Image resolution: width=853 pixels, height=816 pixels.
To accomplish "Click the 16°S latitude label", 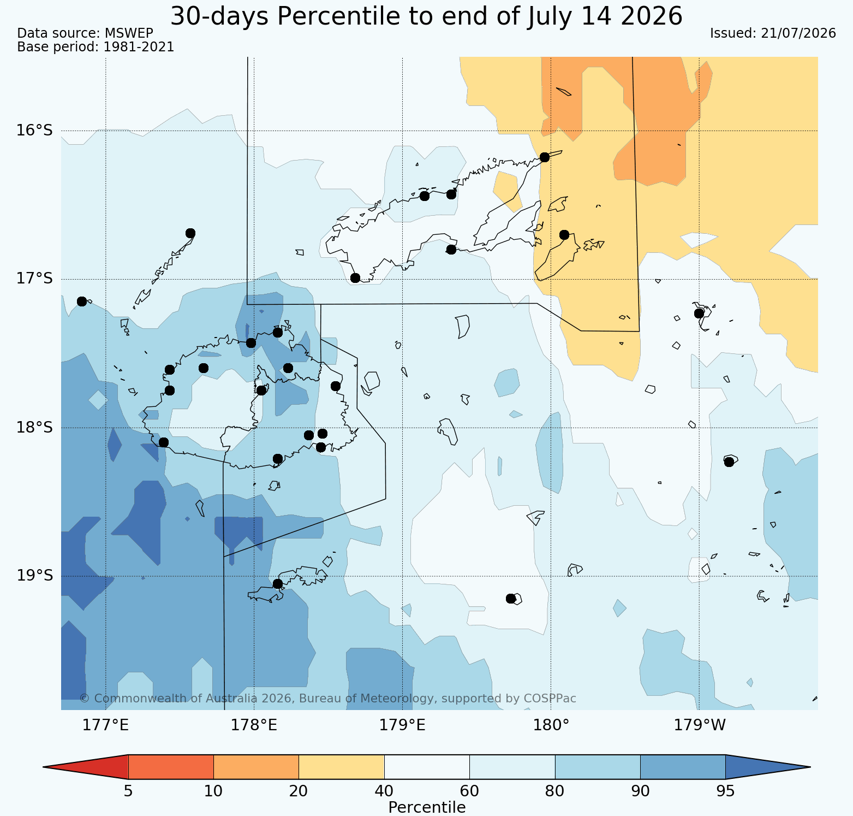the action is click(x=34, y=131).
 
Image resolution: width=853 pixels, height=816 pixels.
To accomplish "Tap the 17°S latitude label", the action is click(x=34, y=279).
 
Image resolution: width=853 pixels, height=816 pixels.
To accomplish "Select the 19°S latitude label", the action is click(x=34, y=576).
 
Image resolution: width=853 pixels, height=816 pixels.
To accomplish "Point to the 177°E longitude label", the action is click(x=105, y=725).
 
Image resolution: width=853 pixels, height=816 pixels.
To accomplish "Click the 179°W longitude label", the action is click(x=700, y=725).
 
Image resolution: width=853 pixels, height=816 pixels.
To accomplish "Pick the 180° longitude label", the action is click(x=551, y=725).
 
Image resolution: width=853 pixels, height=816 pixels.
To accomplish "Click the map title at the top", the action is click(x=426, y=16).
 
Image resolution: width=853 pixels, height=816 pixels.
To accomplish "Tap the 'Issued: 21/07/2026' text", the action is click(x=773, y=33).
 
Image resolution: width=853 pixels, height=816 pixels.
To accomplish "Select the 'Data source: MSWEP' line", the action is click(x=85, y=33).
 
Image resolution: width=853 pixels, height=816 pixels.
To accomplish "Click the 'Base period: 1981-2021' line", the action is click(x=96, y=47).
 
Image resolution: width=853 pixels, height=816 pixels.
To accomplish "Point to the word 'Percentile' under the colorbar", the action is click(x=427, y=807).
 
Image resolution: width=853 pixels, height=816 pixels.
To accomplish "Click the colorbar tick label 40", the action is click(x=384, y=791).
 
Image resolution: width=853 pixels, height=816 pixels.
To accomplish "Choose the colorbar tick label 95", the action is click(x=725, y=791).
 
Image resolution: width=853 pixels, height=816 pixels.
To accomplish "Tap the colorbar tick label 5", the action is click(x=128, y=791).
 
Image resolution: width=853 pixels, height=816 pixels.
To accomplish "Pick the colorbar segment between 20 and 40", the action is click(x=342, y=767).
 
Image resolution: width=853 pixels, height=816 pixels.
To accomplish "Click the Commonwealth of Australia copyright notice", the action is click(x=327, y=699).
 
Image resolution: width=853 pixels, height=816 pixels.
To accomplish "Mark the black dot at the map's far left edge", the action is click(x=82, y=301).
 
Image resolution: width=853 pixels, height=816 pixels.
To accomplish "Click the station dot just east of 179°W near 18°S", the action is click(x=729, y=462).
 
